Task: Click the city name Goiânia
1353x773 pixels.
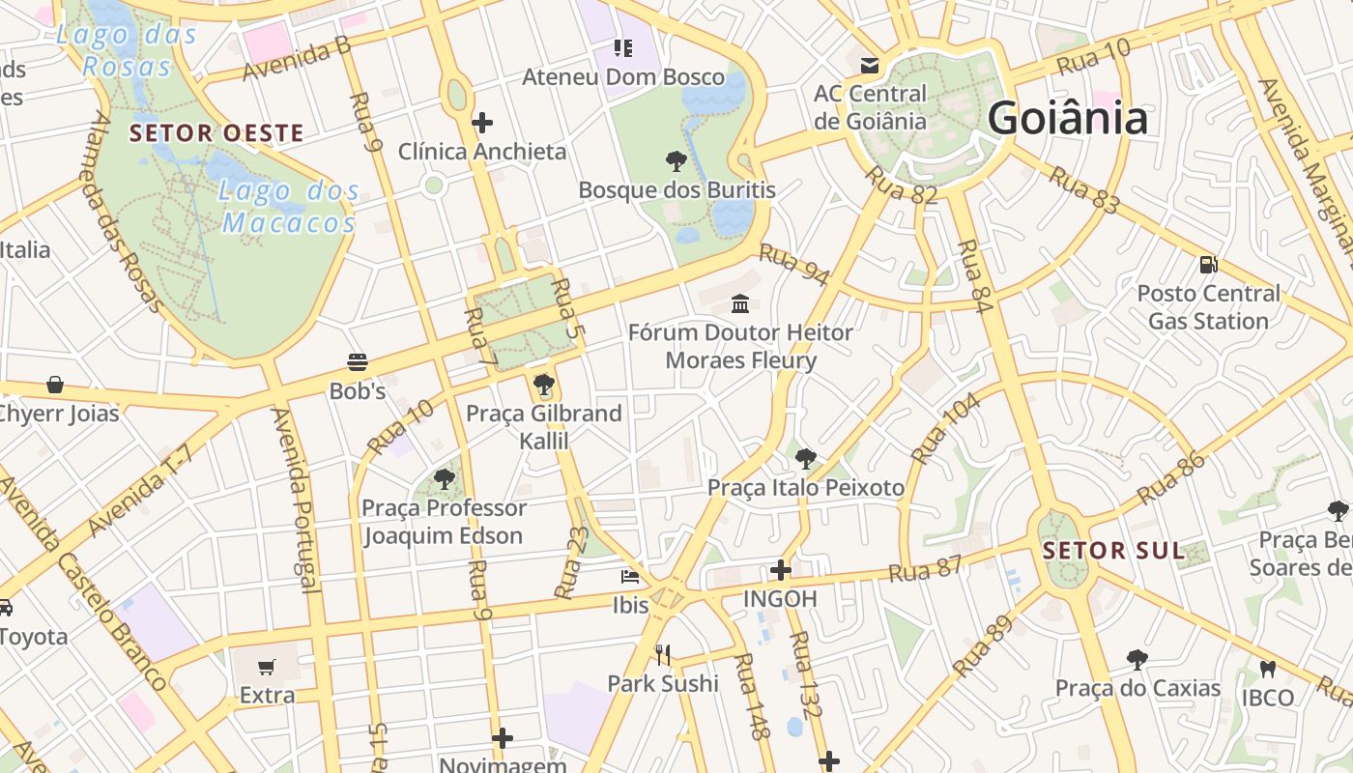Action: [1067, 119]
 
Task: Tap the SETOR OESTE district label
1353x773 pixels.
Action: [216, 133]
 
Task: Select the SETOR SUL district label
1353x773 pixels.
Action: [1113, 551]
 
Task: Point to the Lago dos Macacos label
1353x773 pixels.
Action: [289, 207]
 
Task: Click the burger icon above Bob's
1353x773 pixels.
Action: [358, 362]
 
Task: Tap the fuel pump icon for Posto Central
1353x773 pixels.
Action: [1208, 264]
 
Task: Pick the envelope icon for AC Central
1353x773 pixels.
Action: [870, 66]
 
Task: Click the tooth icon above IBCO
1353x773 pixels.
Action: [1268, 669]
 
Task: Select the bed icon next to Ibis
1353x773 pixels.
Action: [630, 577]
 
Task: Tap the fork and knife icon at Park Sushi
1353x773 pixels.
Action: [663, 655]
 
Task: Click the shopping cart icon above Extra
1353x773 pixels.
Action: [267, 667]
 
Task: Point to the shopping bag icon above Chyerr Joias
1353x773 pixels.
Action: [55, 385]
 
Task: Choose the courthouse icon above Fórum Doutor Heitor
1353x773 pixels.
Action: [740, 303]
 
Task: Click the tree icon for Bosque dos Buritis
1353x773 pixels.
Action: [676, 160]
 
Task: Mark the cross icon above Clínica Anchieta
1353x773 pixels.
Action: [482, 123]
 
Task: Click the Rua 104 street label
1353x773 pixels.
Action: [944, 428]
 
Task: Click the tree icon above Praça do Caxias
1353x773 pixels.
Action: [1137, 660]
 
